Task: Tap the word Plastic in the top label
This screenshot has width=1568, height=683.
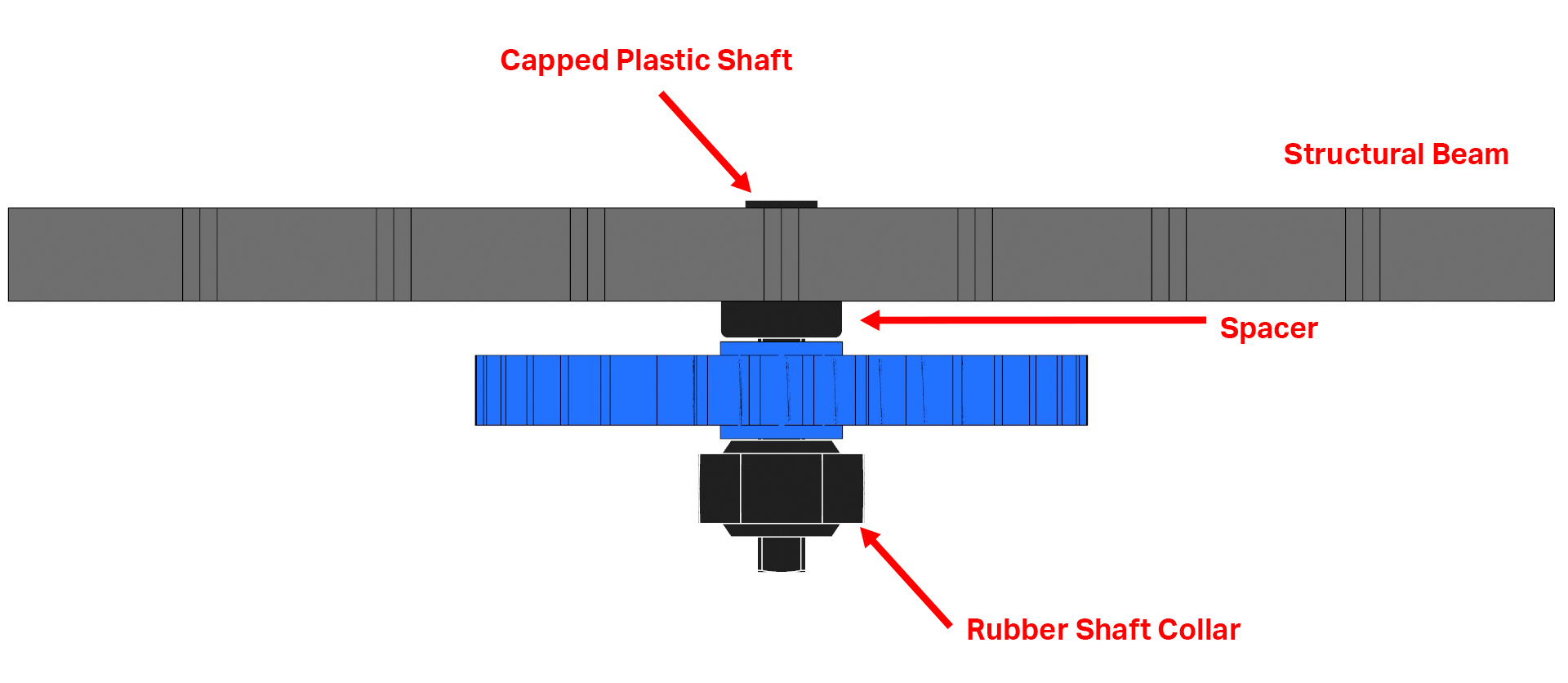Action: pos(663,60)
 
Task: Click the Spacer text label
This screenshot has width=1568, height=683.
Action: pos(1268,328)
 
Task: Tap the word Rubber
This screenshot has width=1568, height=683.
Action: pos(1016,630)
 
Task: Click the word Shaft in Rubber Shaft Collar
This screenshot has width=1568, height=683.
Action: pos(1111,630)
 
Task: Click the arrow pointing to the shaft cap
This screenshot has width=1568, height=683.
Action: pos(705,141)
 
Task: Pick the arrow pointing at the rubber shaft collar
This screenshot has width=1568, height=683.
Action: pos(906,577)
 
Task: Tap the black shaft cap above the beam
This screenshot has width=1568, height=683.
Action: pos(781,204)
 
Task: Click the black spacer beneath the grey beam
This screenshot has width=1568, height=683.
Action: pos(781,319)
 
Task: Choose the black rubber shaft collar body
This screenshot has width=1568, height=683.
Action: pos(781,489)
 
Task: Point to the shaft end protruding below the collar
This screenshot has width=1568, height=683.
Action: pos(781,554)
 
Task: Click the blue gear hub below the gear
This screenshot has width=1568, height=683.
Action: pos(781,431)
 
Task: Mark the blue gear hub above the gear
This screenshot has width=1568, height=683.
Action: pos(781,349)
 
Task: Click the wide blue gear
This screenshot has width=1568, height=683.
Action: pos(572,391)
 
